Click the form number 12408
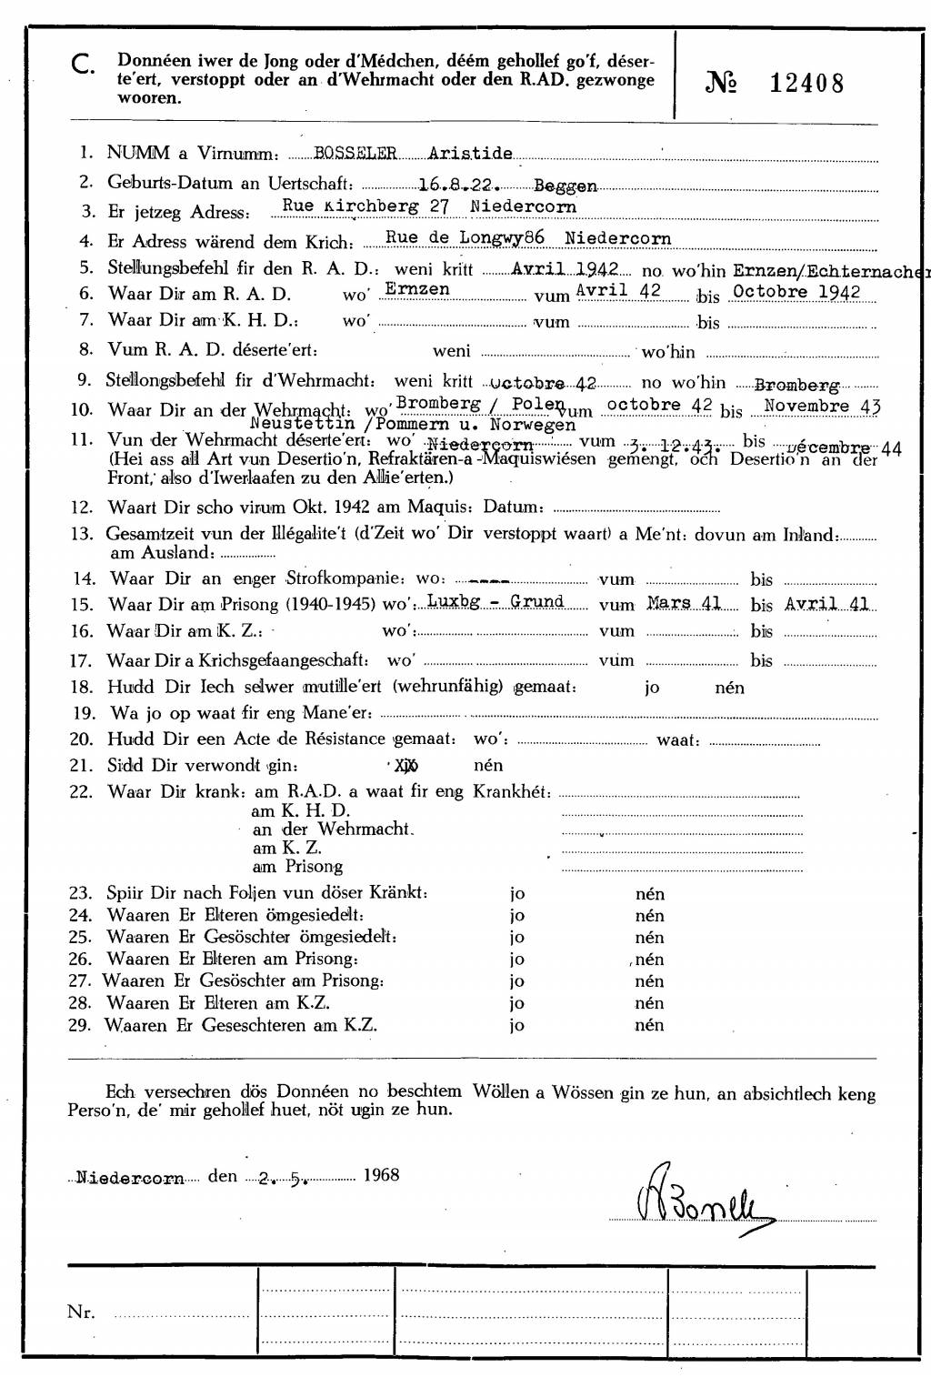coord(806,84)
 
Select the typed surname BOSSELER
coord(355,154)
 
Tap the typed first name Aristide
coord(470,154)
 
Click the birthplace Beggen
coord(565,186)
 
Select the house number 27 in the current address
coord(440,206)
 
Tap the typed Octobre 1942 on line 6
coord(796,292)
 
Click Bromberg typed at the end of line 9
coord(796,386)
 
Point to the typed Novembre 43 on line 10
coord(822,407)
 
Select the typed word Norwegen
coord(532,425)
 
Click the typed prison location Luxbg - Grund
coord(495,602)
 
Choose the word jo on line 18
coord(652,688)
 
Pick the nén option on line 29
coord(649,1025)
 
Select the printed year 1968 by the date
coord(381,1175)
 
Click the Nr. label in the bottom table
coord(81,1312)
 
